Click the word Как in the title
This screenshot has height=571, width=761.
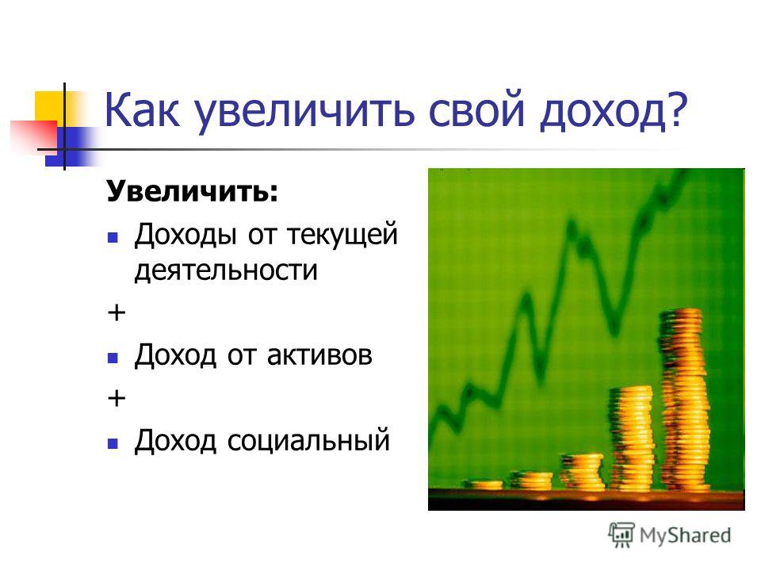pos(142,110)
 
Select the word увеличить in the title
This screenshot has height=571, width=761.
pos(305,112)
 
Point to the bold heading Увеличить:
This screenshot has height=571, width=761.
pos(193,191)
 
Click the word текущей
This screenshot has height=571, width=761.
pos(342,235)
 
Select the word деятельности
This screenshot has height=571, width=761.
pos(226,270)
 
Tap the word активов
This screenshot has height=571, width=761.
pos(319,355)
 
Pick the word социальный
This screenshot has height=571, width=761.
pos(308,441)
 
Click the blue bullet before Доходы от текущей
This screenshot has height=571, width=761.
pos(113,237)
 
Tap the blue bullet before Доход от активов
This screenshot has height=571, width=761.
pos(113,358)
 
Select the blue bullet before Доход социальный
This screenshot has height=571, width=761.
pos(113,443)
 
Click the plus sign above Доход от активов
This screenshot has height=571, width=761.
pos(117,312)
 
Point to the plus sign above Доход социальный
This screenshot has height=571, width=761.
pos(117,399)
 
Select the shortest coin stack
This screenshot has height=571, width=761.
pos(484,485)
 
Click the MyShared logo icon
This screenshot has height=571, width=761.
pos(621,535)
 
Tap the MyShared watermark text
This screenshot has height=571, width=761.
pos(685,535)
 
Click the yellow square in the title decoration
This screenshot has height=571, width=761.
pos(49,106)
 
